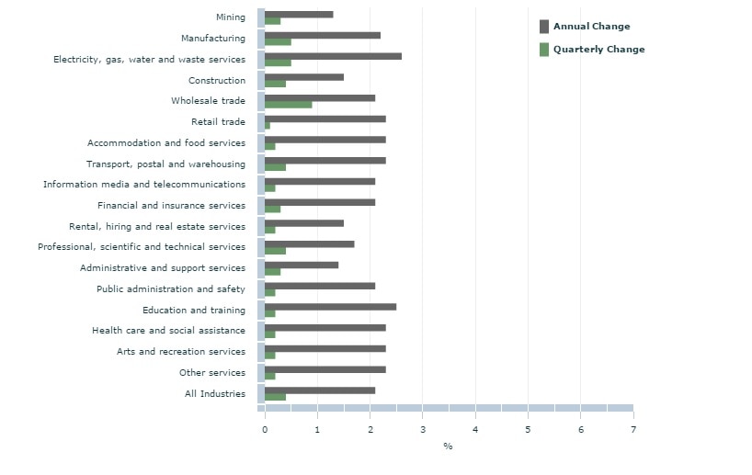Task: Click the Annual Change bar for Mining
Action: [x=299, y=15]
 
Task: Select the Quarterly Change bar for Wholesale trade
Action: [x=289, y=105]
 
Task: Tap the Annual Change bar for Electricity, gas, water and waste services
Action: [x=333, y=56]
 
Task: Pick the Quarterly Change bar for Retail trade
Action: [x=268, y=125]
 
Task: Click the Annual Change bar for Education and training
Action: [x=330, y=307]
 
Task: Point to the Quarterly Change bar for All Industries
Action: [x=275, y=397]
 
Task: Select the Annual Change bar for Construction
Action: [x=304, y=77]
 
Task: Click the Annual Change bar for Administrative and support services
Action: [x=302, y=265]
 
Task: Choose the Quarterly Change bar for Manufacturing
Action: [x=278, y=41]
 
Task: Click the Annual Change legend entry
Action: [x=591, y=27]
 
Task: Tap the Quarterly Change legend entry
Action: [x=598, y=50]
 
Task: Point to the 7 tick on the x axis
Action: [x=633, y=428]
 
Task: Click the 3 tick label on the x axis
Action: [x=423, y=428]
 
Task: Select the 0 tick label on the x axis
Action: [x=265, y=428]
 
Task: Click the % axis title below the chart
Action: [x=448, y=447]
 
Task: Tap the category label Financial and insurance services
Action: [x=171, y=206]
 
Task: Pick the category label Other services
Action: [x=212, y=373]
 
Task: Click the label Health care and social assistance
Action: [x=168, y=331]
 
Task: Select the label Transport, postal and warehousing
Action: [x=165, y=164]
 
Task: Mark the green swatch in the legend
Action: [x=544, y=50]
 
